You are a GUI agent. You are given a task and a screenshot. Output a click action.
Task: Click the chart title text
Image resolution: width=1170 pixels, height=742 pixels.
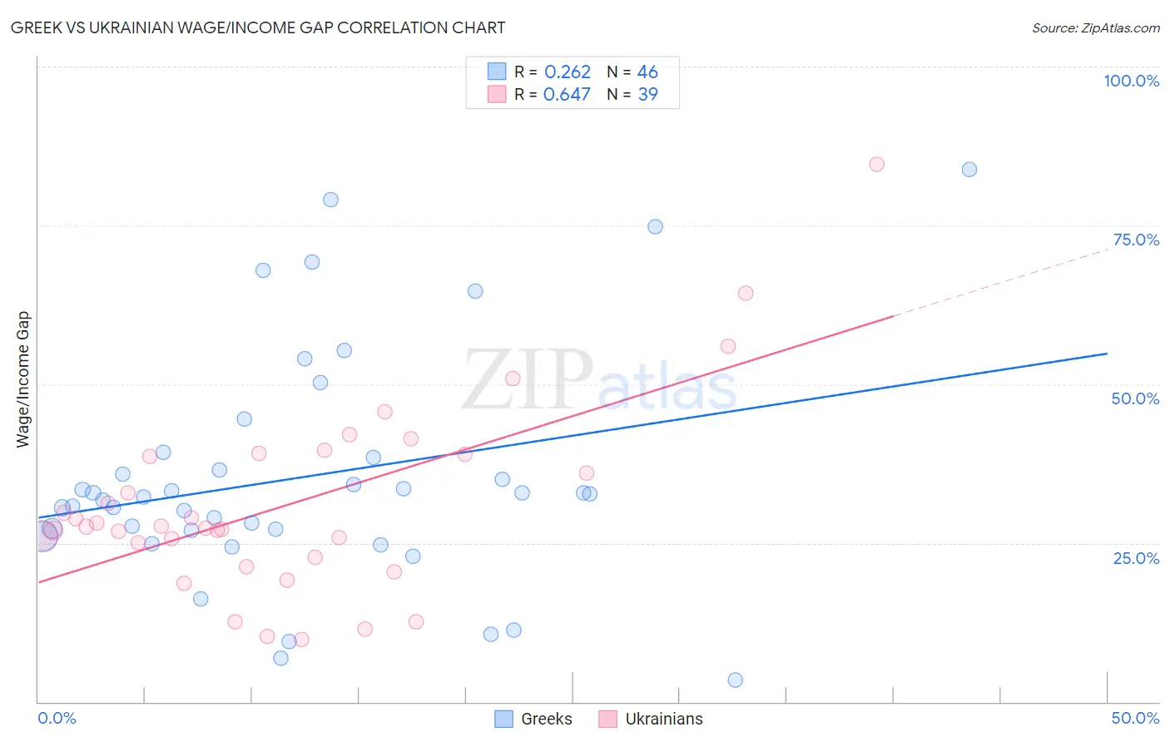pyautogui.click(x=258, y=27)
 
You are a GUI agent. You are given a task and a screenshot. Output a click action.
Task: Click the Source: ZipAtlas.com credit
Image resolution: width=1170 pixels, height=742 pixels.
pyautogui.click(x=1095, y=27)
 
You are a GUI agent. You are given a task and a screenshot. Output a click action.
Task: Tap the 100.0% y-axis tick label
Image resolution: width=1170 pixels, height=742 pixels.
pyautogui.click(x=1131, y=81)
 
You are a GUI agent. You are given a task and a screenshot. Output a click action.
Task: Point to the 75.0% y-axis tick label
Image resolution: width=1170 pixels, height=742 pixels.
pyautogui.click(x=1136, y=240)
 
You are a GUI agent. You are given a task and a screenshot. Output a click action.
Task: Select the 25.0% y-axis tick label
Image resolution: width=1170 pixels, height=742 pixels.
pyautogui.click(x=1136, y=557)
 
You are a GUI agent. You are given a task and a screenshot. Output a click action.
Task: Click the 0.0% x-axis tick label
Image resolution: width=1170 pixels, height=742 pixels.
pyautogui.click(x=57, y=718)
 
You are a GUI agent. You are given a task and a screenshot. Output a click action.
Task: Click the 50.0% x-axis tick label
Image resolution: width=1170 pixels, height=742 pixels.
pyautogui.click(x=1135, y=718)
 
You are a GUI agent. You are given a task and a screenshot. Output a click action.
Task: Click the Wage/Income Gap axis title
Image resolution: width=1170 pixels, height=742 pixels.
pyautogui.click(x=23, y=378)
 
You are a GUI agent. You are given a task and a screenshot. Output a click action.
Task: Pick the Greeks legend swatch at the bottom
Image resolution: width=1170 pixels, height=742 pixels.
pyautogui.click(x=503, y=719)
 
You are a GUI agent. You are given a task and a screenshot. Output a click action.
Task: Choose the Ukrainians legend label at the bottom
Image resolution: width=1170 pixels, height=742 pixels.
pyautogui.click(x=663, y=719)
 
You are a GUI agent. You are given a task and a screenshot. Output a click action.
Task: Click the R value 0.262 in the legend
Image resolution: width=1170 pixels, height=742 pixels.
pyautogui.click(x=567, y=72)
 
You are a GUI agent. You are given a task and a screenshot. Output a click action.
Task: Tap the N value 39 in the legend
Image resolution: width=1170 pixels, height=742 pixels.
pyautogui.click(x=647, y=95)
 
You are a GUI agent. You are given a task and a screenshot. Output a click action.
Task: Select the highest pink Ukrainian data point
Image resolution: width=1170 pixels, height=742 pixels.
pyautogui.click(x=876, y=164)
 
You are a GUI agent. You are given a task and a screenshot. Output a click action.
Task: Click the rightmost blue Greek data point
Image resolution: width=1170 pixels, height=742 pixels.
pyautogui.click(x=969, y=170)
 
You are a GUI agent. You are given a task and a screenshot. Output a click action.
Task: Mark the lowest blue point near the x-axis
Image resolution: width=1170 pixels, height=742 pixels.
pyautogui.click(x=736, y=680)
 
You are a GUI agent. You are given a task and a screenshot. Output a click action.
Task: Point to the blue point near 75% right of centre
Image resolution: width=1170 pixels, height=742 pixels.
pyautogui.click(x=655, y=226)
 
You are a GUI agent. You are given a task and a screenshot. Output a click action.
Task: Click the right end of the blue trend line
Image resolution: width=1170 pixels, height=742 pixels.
pyautogui.click(x=1106, y=354)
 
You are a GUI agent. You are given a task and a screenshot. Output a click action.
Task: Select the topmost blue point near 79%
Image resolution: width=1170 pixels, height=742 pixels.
pyautogui.click(x=330, y=200)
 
